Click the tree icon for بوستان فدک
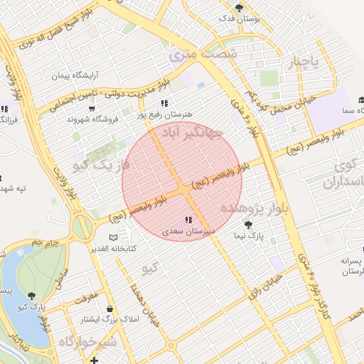point(240,8)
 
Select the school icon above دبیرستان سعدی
point(188,220)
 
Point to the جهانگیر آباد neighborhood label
point(193,133)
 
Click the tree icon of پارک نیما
point(247,225)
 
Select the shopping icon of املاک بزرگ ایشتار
point(109,309)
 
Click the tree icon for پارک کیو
point(31,295)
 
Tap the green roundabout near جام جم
point(82,227)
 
